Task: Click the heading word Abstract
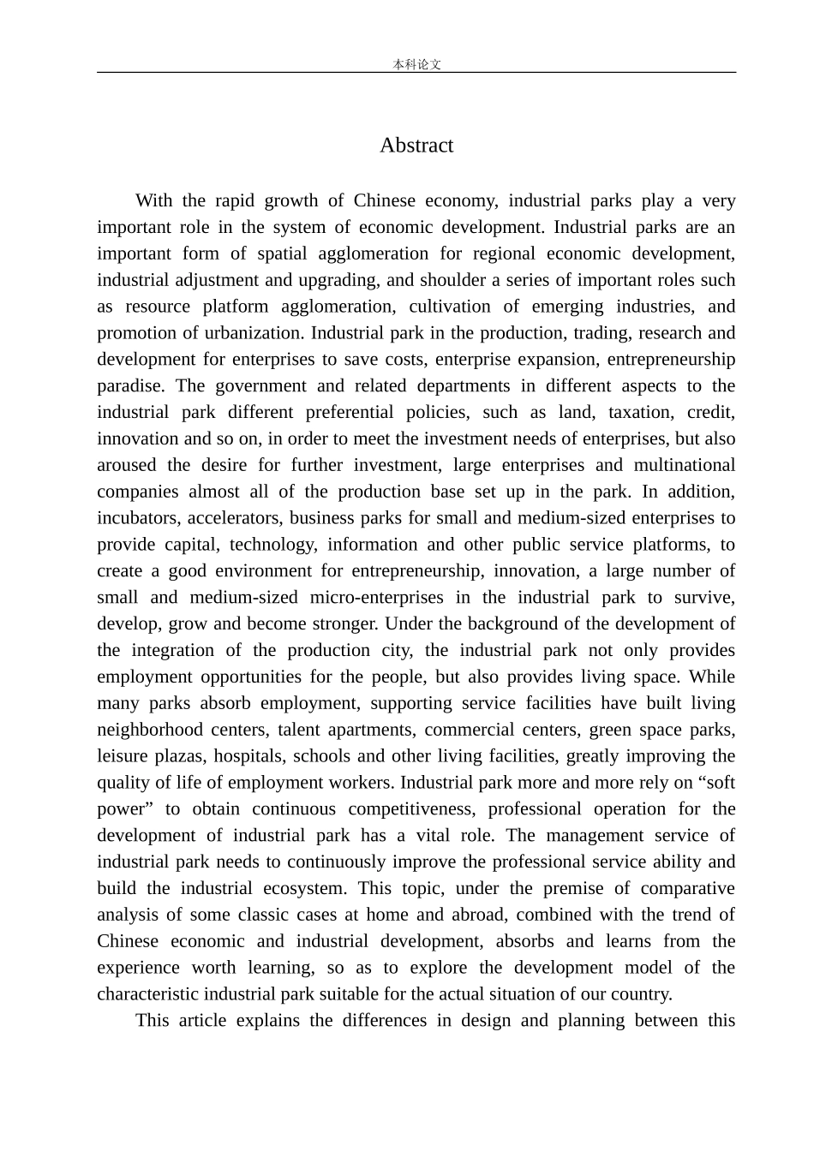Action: tap(416, 146)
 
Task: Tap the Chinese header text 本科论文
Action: tap(416, 64)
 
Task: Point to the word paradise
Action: tap(130, 386)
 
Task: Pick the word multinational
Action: tap(684, 466)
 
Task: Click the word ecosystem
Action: tap(302, 889)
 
